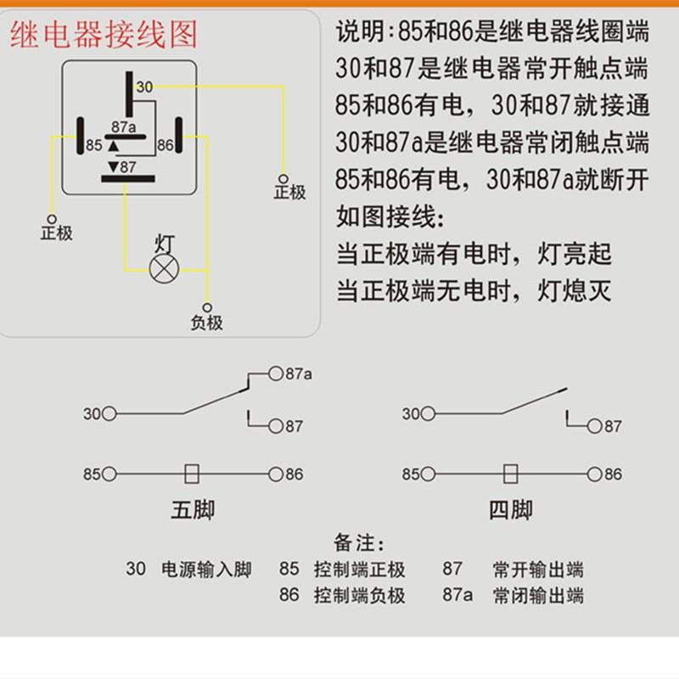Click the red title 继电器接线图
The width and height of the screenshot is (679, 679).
coord(104,35)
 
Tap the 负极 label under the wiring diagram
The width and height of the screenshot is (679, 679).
coord(205,322)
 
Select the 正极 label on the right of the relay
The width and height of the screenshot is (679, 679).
coord(289,192)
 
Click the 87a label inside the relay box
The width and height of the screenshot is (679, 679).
coord(123,126)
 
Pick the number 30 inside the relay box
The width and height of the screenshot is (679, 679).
coord(144,87)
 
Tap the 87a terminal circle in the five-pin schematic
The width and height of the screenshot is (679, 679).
coord(275,373)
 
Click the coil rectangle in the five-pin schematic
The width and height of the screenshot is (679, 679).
coord(192,474)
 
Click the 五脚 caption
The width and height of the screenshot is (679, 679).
coord(193,510)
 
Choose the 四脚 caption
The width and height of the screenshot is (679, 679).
coord(511,510)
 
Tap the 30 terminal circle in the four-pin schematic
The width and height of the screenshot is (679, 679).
coord(430,414)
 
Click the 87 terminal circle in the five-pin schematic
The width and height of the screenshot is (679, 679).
coord(275,426)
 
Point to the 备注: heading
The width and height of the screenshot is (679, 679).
coord(360,542)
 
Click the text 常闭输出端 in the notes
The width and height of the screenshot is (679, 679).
coord(538,595)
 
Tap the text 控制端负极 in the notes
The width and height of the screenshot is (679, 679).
coord(359,595)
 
